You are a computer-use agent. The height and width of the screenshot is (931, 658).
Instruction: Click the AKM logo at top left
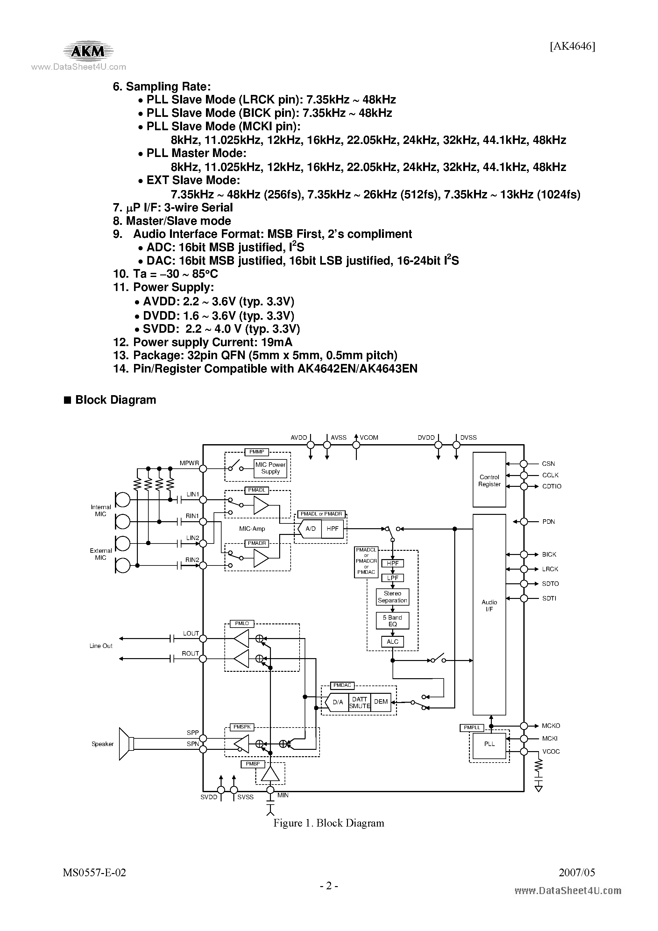88,51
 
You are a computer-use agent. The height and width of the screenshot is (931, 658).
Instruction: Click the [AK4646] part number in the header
572,46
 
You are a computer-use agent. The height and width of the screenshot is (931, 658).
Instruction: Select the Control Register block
489,480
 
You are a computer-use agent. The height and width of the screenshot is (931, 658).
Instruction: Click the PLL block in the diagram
489,744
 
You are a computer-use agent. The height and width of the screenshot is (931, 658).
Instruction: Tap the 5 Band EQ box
392,620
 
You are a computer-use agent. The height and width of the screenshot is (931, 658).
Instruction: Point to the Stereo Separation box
392,596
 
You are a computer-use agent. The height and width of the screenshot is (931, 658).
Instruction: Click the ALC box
392,642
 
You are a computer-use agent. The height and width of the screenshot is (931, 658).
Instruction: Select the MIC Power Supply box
270,468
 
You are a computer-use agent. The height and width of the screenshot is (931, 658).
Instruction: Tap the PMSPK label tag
242,727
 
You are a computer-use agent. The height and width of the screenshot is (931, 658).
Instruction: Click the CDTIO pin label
551,486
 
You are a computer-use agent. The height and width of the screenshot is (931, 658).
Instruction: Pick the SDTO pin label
550,584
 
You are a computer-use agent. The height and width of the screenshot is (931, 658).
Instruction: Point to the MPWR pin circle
203,468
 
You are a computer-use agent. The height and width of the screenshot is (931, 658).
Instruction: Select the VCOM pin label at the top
369,437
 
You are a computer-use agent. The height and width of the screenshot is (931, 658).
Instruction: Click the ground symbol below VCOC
538,789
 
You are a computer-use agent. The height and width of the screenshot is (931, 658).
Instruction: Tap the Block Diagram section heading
115,400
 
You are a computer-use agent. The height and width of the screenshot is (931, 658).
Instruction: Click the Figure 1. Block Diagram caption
329,823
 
